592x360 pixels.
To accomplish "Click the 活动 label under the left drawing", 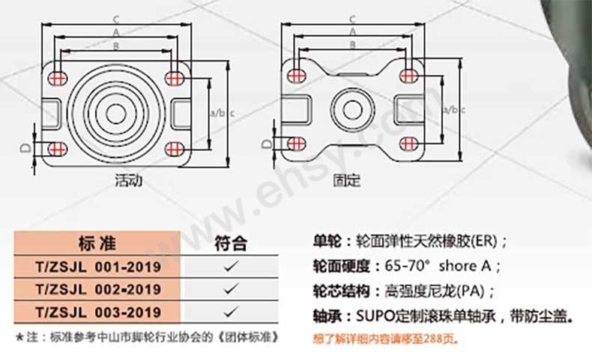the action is pos(129,180).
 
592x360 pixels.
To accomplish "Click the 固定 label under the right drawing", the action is pos(347,180).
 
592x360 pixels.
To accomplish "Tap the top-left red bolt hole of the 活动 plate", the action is pos(58,79).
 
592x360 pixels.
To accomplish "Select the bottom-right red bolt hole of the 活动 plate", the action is pos(175,149).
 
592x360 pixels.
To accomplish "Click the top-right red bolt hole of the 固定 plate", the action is pos(407,76).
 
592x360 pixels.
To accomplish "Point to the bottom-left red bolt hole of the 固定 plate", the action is pos(297,143).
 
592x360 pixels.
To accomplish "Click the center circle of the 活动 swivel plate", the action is pos(116,114).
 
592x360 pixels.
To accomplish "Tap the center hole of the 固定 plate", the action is pos(353,110).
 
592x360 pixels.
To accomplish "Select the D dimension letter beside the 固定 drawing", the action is pos(266,143).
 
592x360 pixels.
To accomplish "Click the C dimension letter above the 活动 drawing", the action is pos(116,19).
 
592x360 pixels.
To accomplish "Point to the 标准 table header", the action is pos(97,243).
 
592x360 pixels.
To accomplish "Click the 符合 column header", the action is pos(231,244).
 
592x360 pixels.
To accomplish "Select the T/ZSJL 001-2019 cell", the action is pos(98,267).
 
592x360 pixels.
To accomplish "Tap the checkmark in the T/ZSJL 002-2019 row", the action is pos(231,289).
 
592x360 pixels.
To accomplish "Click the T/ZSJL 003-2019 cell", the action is pos(98,313).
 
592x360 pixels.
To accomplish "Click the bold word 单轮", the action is pos(327,241).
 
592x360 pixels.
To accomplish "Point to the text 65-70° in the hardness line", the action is pos(408,266).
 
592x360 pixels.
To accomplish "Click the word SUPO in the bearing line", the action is pos(375,316).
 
